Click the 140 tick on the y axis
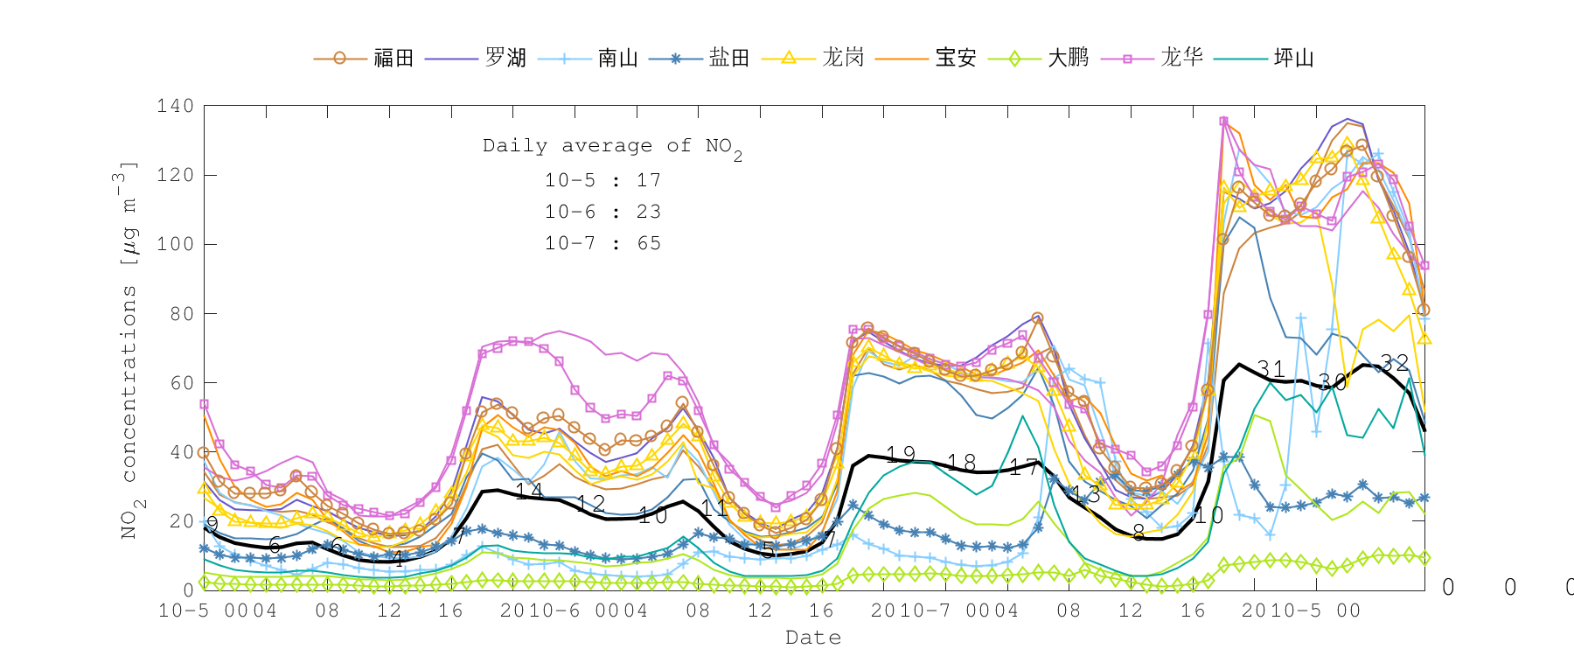175,106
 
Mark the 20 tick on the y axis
181,520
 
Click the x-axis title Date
813,638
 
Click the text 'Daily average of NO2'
612,147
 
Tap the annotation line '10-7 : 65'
602,243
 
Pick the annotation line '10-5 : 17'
602,180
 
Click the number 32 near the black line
1394,362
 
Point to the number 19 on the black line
900,454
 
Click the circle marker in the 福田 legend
339,59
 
